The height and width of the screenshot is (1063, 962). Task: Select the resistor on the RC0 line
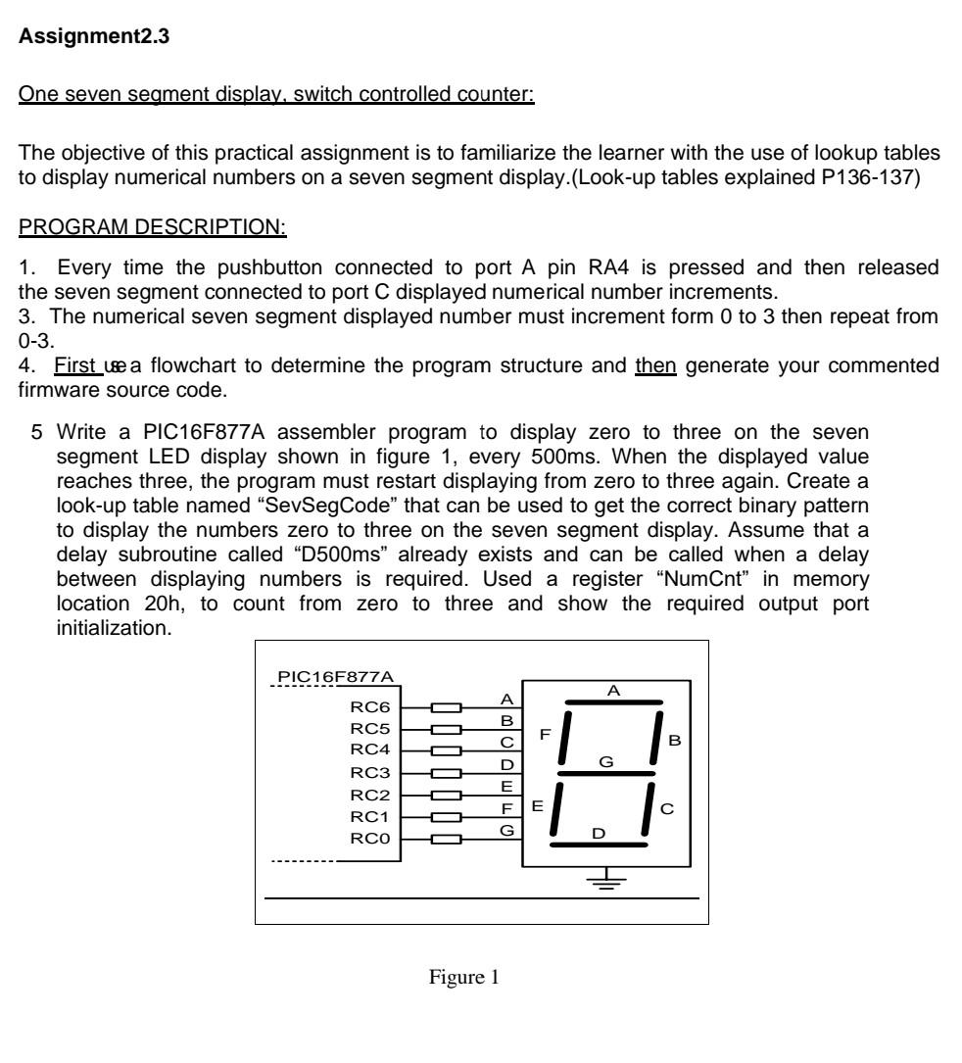[447, 839]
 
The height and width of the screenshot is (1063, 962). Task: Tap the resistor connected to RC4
[447, 750]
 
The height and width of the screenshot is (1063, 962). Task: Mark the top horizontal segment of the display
[613, 702]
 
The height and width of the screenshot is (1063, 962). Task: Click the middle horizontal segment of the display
[606, 773]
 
